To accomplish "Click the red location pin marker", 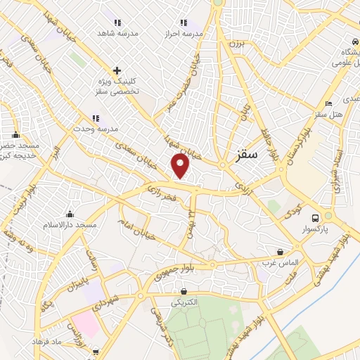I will coord(181,166).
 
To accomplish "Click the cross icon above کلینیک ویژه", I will coord(117,70).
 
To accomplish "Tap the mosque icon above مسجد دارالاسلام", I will coord(69,214).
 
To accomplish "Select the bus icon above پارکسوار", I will coord(315,218).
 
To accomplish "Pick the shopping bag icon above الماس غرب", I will coord(281,252).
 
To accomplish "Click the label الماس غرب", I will coord(281,262).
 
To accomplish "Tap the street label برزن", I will coord(233,43).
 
